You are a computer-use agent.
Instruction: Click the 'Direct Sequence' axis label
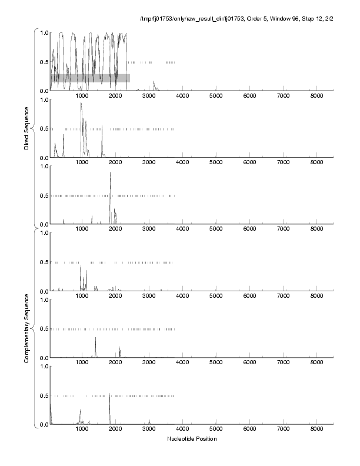tap(27, 128)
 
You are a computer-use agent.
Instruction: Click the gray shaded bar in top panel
tap(90, 78)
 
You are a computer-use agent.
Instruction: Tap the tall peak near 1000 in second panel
tap(81, 105)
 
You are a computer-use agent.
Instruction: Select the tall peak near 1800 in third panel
tap(110, 174)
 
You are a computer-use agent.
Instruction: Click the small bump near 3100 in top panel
tap(154, 82)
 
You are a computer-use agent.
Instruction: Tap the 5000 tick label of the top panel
tap(216, 96)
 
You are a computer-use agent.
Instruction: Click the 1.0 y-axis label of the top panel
tap(43, 32)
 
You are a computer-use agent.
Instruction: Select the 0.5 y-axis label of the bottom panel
tap(43, 395)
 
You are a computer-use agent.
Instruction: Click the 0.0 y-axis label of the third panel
tap(43, 224)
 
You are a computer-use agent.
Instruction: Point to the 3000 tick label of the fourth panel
tap(149, 297)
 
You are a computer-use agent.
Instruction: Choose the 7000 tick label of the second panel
tap(284, 163)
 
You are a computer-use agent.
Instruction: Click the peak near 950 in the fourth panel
tap(81, 267)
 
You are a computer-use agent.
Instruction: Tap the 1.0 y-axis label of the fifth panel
tap(43, 299)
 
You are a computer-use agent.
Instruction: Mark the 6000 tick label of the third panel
tap(250, 229)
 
